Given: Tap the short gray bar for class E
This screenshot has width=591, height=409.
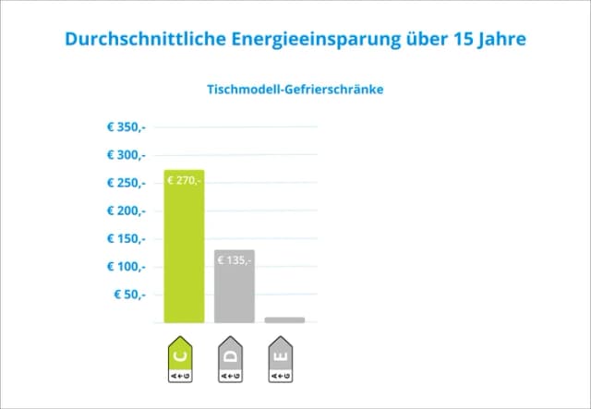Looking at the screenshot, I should point(284,319).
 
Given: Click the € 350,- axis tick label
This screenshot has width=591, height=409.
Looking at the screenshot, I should point(127,127).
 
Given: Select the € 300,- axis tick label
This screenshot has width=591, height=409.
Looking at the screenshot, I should point(127,155).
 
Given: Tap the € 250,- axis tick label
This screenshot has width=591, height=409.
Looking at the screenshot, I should point(127,183).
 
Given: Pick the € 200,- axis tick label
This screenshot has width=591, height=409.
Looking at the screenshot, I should point(127,211).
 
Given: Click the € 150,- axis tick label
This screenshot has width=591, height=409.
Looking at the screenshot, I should point(127,239).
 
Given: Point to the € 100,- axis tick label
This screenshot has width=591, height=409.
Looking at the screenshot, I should point(127,267).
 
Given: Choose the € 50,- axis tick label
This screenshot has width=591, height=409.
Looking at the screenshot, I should point(129,295).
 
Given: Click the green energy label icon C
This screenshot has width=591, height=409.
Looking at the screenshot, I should point(179,361).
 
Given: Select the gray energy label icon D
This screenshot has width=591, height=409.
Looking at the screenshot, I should point(230,361).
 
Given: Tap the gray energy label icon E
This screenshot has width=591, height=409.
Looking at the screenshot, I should point(281,361).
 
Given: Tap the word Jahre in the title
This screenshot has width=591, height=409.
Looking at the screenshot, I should point(507,40).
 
